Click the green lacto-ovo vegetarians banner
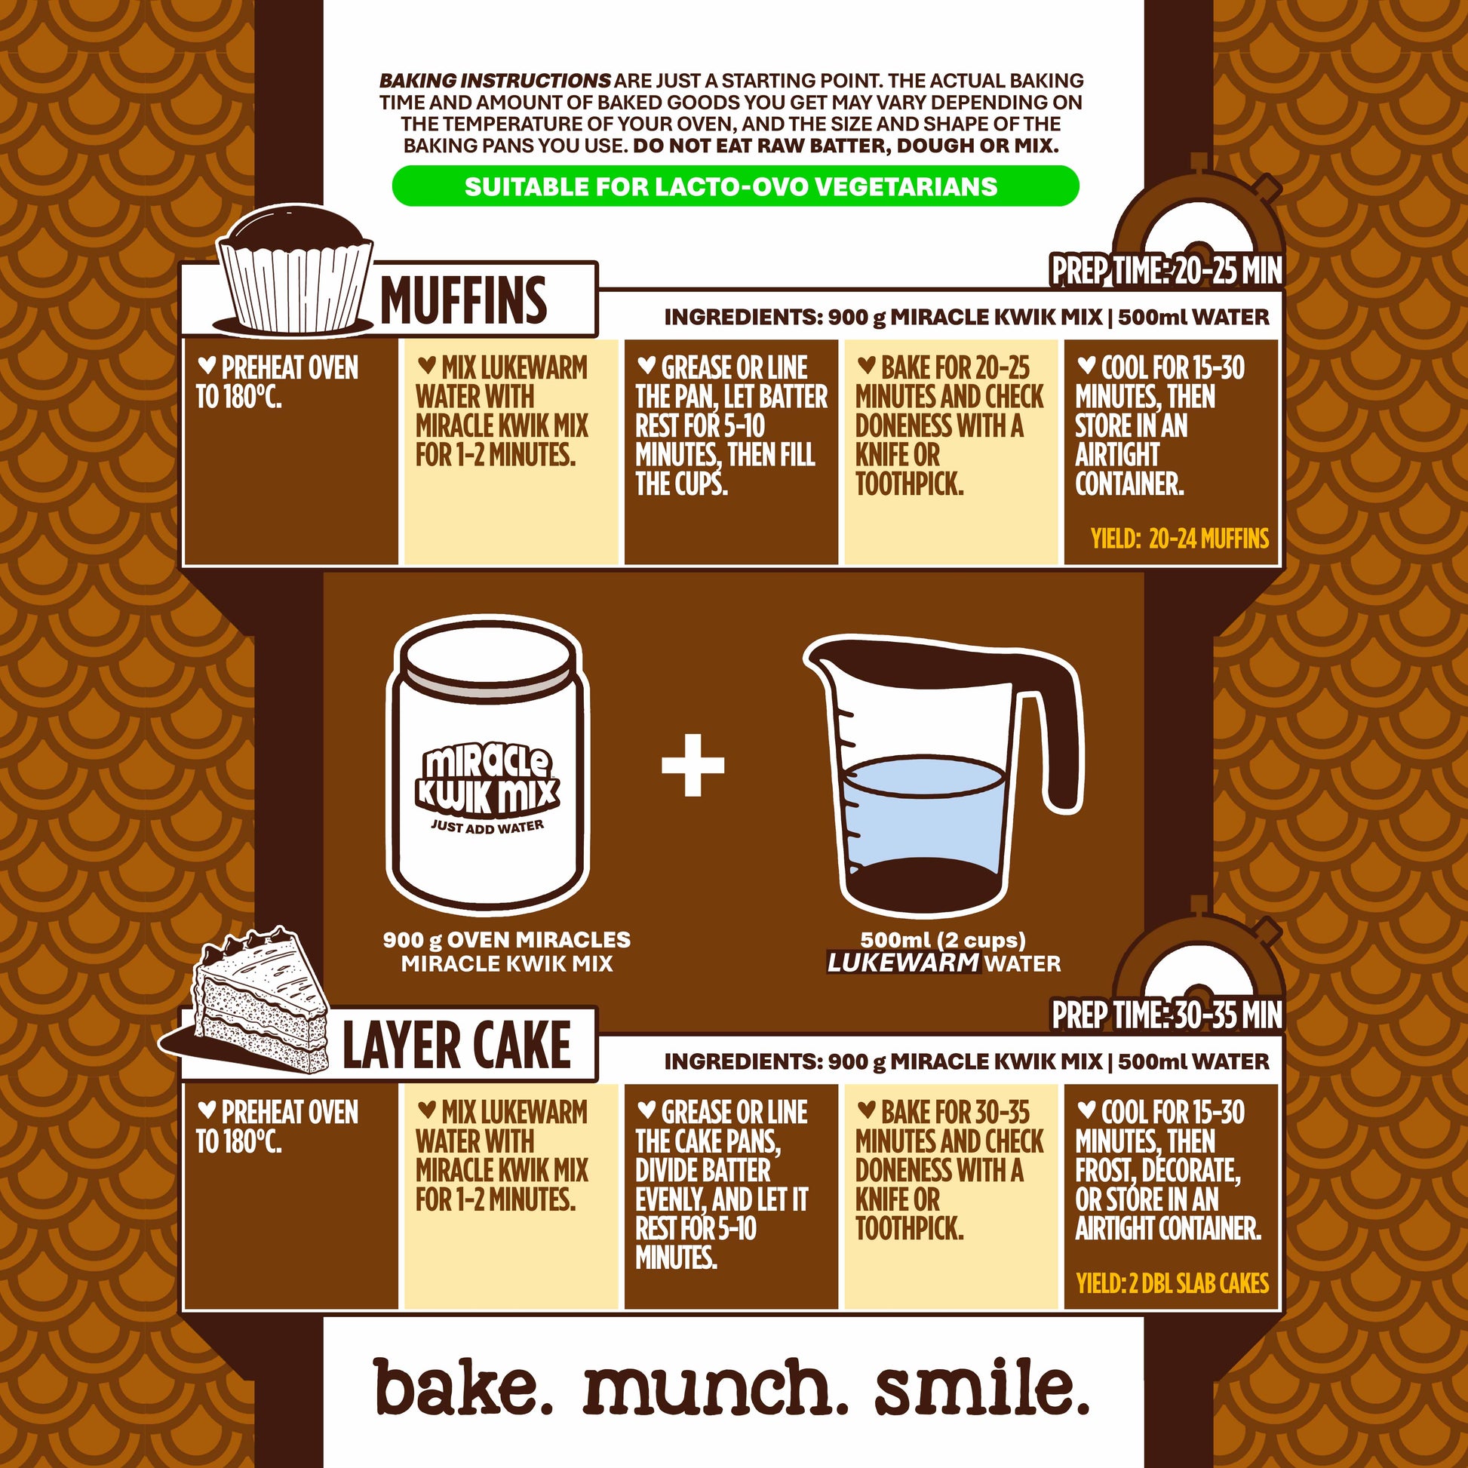pos(735,186)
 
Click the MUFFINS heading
pos(463,299)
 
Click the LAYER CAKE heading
pos(456,1045)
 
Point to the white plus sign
pos(693,765)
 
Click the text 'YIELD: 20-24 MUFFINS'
pos(1180,539)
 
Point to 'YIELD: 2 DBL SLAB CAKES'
pos(1172,1283)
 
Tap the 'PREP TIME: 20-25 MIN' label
pos(1166,272)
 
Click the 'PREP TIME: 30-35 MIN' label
pos(1166,1015)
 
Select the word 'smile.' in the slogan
pos(982,1388)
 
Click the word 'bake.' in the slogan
pos(470,1388)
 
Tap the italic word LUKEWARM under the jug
pos(903,963)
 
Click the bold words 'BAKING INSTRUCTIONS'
pos(495,80)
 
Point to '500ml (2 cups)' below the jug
pos(943,940)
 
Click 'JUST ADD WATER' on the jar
pos(487,827)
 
